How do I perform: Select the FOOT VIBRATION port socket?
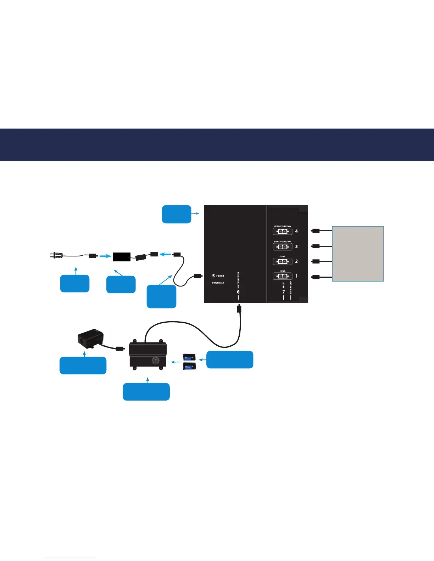click(283, 246)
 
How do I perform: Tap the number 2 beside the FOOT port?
click(296, 261)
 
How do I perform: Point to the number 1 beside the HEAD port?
click(296, 276)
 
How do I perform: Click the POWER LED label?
click(218, 283)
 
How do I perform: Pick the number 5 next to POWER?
click(213, 276)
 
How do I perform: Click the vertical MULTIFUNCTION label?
click(238, 280)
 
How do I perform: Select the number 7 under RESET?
click(284, 292)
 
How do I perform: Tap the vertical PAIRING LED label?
click(291, 288)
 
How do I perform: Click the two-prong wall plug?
click(56, 255)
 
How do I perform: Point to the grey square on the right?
click(358, 254)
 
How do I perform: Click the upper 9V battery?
click(189, 357)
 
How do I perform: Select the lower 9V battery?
click(189, 366)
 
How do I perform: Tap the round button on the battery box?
click(156, 360)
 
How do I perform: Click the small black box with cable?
click(90, 337)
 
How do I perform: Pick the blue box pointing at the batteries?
click(230, 360)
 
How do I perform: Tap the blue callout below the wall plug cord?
click(75, 283)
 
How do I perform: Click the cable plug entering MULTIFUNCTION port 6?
click(239, 309)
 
